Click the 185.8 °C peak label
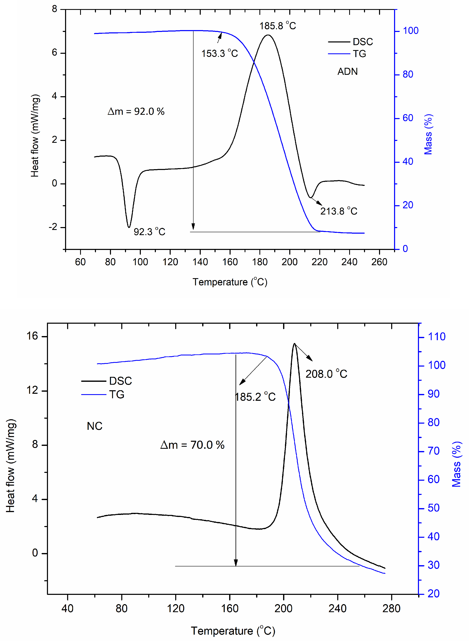(x=277, y=26)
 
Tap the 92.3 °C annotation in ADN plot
(x=149, y=232)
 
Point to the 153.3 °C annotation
(x=219, y=53)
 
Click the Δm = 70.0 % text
(x=192, y=445)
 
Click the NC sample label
(x=94, y=426)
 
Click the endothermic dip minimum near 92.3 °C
(x=129, y=227)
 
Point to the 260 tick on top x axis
(x=379, y=262)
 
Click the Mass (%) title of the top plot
(x=428, y=134)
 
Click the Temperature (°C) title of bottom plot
(x=233, y=631)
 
